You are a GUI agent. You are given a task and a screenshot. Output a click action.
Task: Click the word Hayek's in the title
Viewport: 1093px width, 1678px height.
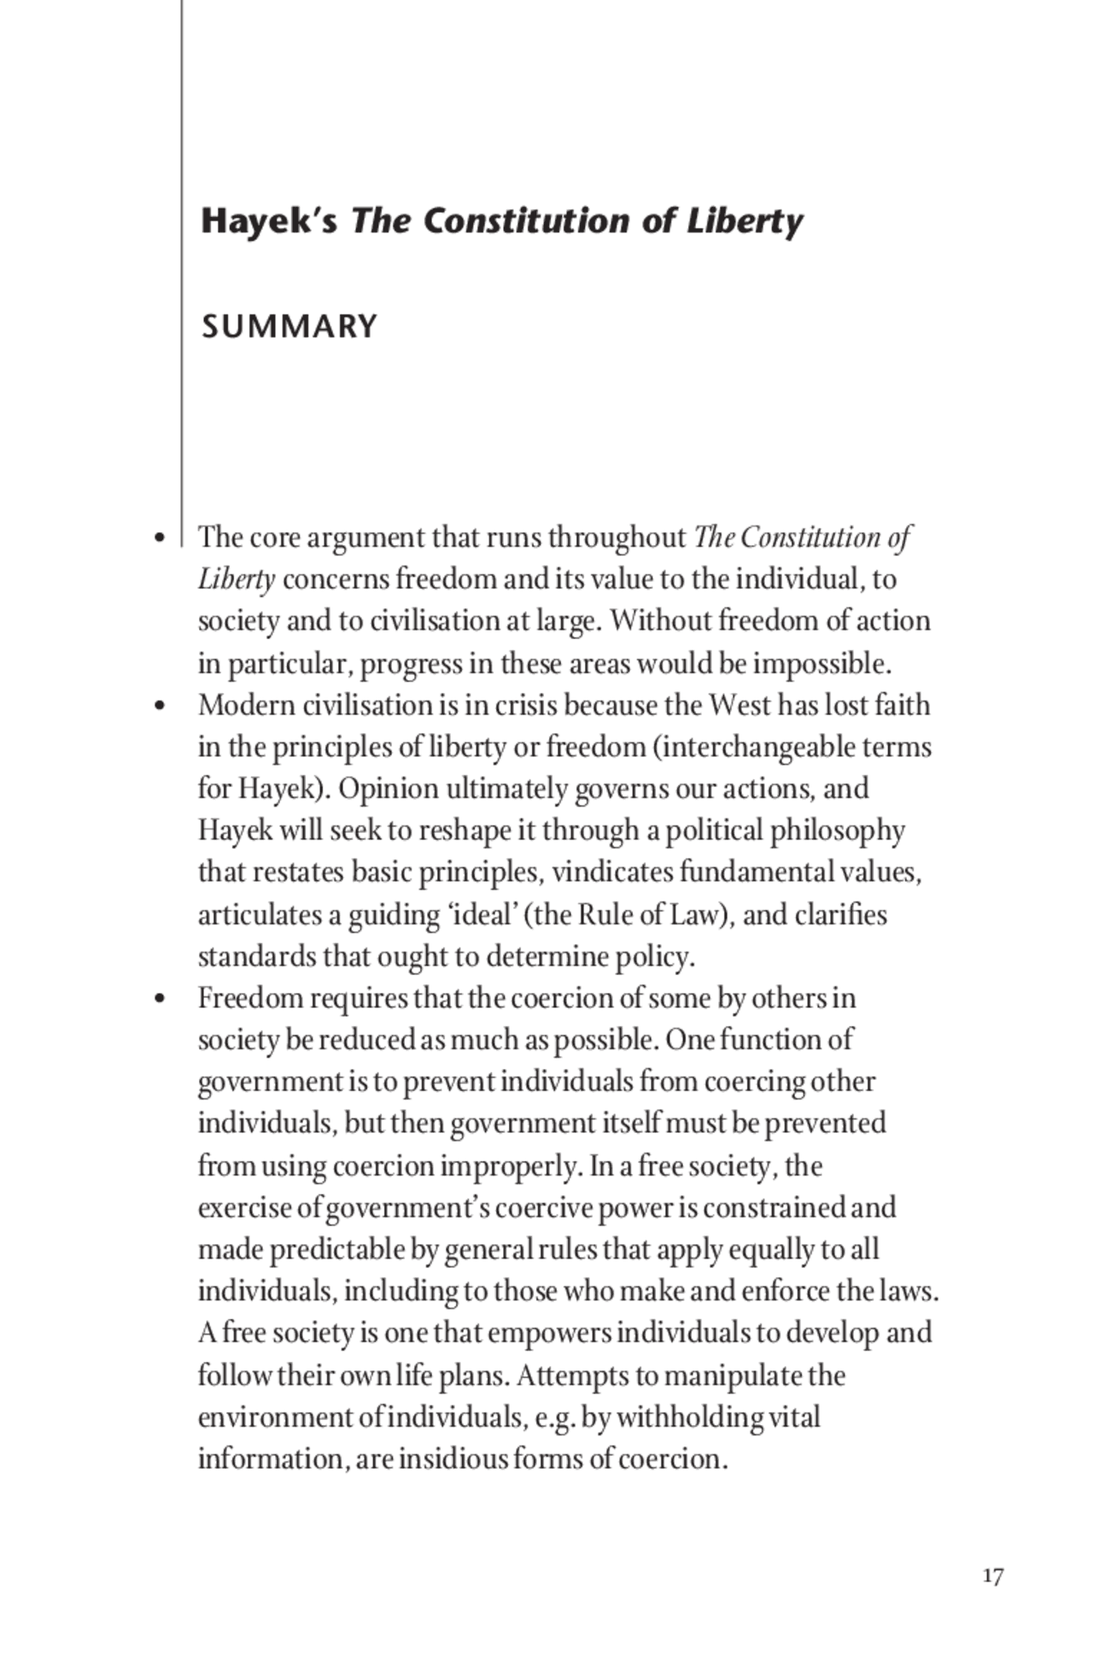[x=269, y=221]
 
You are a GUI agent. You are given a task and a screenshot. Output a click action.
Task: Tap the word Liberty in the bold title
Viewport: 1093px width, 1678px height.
[x=744, y=221]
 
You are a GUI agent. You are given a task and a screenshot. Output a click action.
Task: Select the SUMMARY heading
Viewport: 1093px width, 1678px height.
[x=289, y=326]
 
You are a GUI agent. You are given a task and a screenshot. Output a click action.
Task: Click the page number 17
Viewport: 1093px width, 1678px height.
[x=992, y=1576]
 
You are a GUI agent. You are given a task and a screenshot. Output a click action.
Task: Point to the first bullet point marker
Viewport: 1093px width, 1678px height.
[x=159, y=539]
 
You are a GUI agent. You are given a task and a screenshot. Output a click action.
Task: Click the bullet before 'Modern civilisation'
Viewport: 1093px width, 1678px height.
[x=159, y=707]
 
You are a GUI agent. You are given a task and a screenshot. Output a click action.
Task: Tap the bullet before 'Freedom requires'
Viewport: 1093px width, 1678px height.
[x=159, y=1000]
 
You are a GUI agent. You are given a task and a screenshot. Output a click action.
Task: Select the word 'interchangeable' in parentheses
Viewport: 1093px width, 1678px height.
[x=757, y=748]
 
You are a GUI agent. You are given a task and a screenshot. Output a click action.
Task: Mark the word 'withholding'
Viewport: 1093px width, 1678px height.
[x=689, y=1417]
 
